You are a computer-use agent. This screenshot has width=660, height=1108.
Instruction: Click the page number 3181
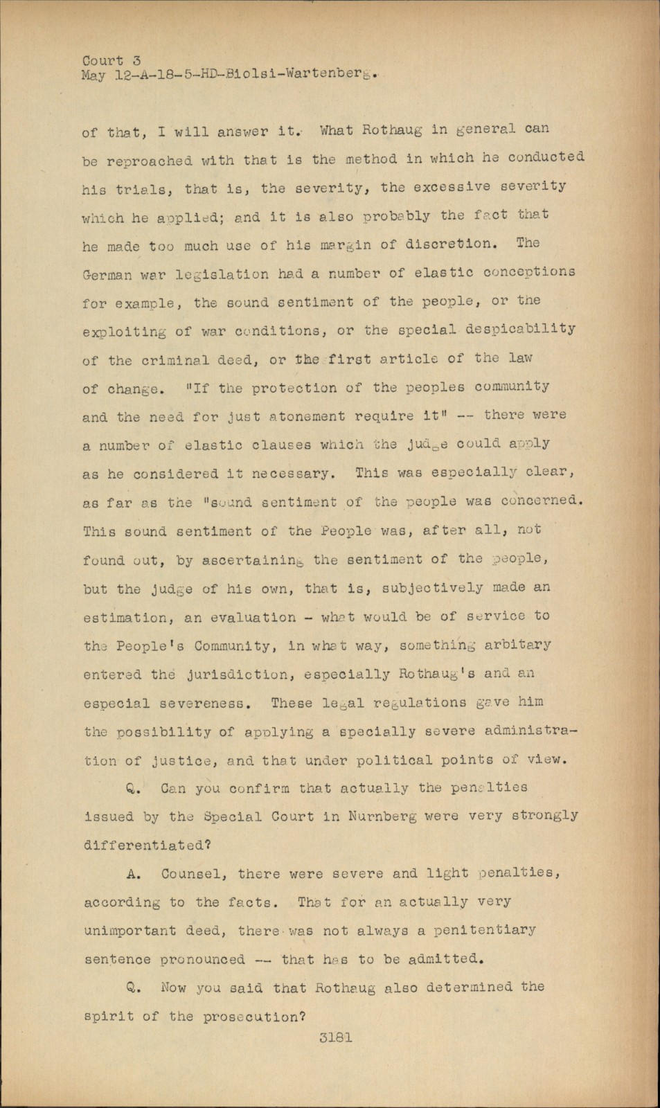pos(337,1037)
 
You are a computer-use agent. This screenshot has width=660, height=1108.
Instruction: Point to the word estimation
pos(125,617)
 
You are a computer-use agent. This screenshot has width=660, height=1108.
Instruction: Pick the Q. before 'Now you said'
pos(134,988)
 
